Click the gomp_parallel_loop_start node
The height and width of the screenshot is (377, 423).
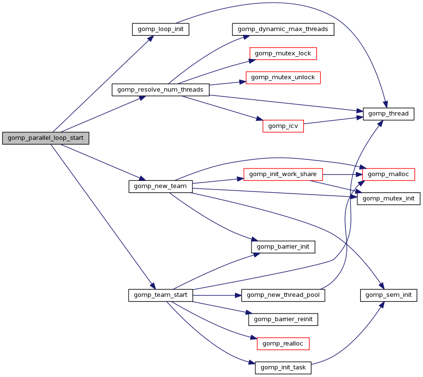point(46,138)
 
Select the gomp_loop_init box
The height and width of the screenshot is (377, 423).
point(161,29)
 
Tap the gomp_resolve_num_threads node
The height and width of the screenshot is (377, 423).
point(161,90)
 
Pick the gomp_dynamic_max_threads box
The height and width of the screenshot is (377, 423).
point(283,29)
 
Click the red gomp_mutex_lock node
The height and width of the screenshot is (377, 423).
point(283,53)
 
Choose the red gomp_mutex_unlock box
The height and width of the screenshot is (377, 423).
point(283,77)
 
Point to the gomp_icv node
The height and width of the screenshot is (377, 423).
point(283,126)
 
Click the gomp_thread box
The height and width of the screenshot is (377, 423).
point(389,114)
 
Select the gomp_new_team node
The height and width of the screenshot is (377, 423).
point(161,186)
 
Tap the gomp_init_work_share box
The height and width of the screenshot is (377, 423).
point(283,174)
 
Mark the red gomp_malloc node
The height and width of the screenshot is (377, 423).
point(389,174)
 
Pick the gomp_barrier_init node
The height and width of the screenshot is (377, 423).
point(283,247)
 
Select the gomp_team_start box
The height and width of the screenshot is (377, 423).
point(161,295)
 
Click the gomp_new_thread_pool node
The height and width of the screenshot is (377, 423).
point(283,295)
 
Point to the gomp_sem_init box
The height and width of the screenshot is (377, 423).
point(389,295)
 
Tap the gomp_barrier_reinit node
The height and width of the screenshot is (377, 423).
point(283,319)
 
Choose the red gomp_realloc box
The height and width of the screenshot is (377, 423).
point(283,344)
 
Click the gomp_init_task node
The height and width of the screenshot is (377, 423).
point(283,368)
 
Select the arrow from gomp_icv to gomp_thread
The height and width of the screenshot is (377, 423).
point(333,120)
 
